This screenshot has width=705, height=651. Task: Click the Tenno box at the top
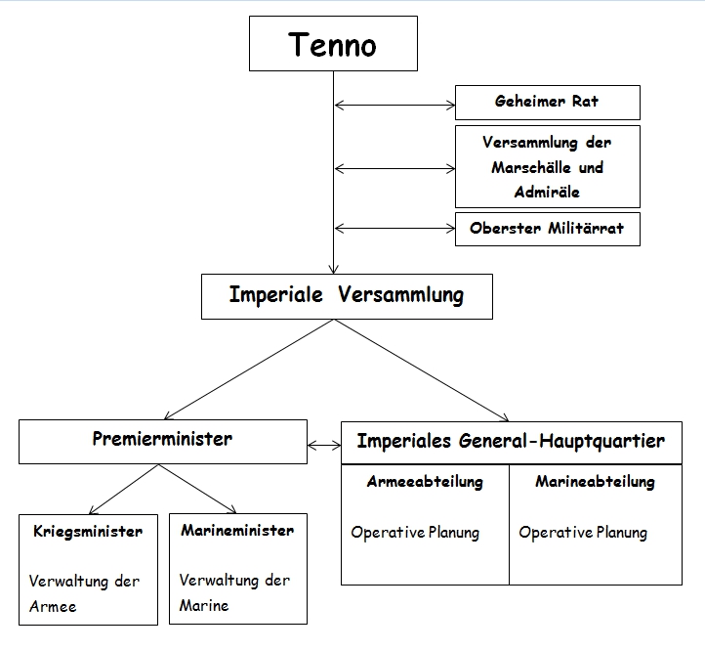coord(333,45)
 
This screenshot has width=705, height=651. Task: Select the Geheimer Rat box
coord(547,102)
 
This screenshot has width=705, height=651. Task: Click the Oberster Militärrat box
coord(547,229)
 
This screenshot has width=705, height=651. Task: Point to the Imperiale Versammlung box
coord(347,295)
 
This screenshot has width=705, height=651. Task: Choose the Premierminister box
coord(162,441)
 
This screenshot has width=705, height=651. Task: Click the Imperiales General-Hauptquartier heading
coord(511,441)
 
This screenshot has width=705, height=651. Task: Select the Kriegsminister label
coord(87,532)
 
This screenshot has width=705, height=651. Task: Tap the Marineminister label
coord(237,531)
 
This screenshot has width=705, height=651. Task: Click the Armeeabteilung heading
coord(425,482)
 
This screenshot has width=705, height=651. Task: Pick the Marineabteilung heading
coord(595,482)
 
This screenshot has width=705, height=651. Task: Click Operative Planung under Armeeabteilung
coord(415,533)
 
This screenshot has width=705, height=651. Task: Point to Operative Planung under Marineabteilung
coord(583,533)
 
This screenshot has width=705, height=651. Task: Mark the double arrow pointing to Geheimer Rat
coord(394,102)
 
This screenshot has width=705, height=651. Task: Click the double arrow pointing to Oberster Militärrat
coord(394,229)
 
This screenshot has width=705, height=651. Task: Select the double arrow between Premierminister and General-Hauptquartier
coord(323,446)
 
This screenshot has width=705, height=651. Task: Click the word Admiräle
coord(547,192)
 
